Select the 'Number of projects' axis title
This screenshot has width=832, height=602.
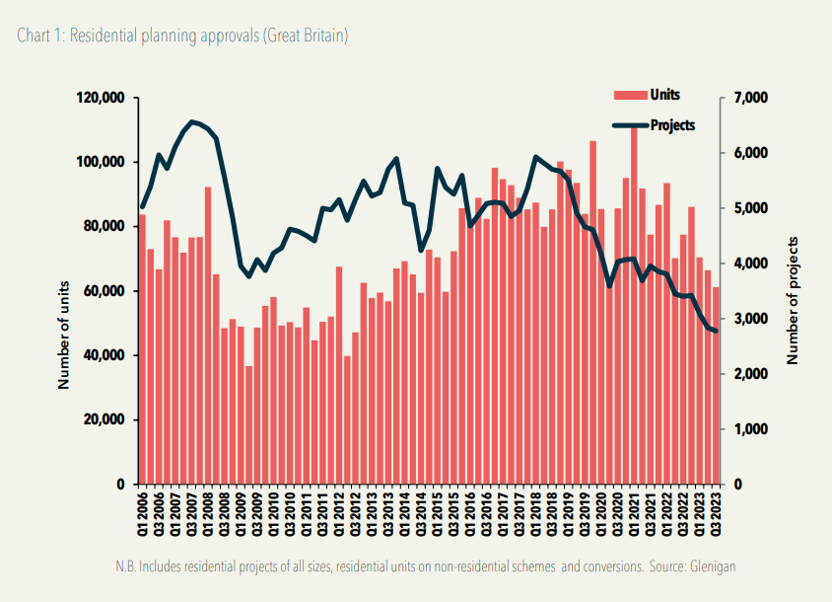tap(793, 301)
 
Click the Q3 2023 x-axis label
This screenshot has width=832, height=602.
tap(717, 514)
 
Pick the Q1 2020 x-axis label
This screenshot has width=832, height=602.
tap(601, 514)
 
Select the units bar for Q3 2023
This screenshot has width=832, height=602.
tap(717, 385)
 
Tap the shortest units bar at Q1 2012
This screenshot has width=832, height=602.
tap(347, 419)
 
